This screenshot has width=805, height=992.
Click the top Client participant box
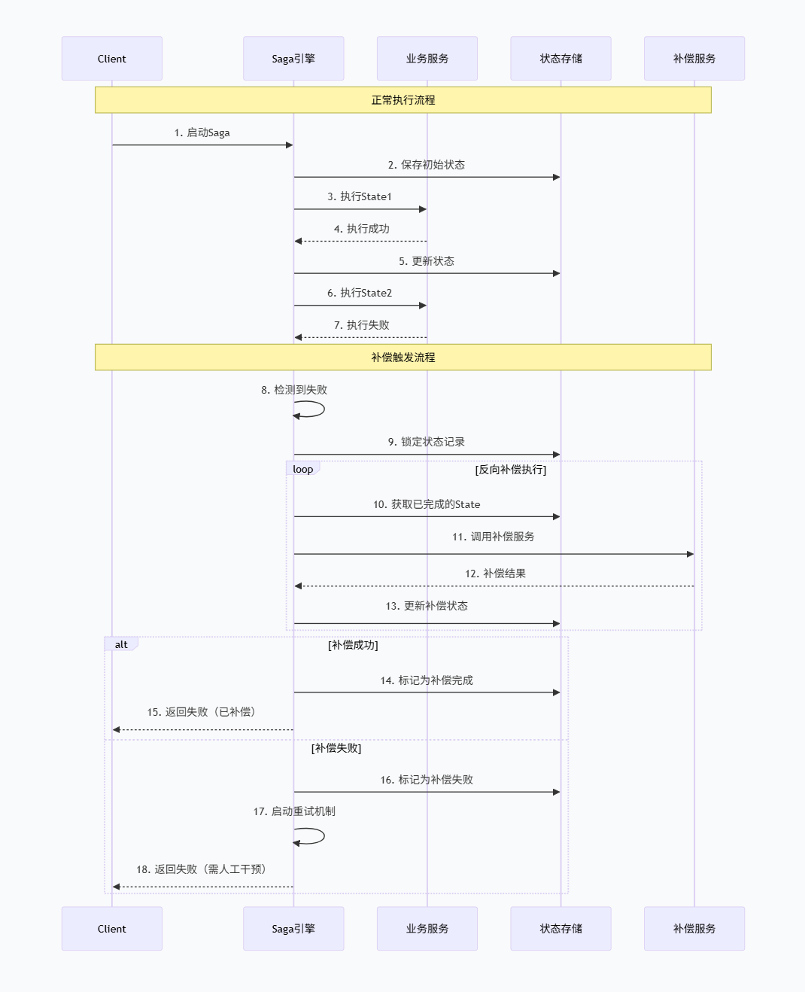111,59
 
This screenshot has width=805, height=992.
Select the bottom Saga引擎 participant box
293,928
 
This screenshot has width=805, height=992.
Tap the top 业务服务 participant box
427,59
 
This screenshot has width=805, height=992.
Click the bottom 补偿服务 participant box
694,928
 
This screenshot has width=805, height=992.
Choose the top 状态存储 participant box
560,59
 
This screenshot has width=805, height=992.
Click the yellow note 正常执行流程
402,100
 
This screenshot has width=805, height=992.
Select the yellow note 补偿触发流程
402,358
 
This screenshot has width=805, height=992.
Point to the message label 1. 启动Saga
202,132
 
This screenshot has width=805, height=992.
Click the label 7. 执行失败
361,325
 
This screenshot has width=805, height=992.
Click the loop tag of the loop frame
303,469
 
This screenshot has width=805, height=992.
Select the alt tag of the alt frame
121,644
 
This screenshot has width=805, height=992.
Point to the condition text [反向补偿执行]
510,470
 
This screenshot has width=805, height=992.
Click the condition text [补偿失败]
336,748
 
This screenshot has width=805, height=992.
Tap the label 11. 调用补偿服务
493,537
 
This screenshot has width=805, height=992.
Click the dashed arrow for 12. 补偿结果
494,586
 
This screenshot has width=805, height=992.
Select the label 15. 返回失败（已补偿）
202,712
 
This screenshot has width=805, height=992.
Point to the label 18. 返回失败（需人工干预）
202,869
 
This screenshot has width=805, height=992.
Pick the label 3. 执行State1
360,196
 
